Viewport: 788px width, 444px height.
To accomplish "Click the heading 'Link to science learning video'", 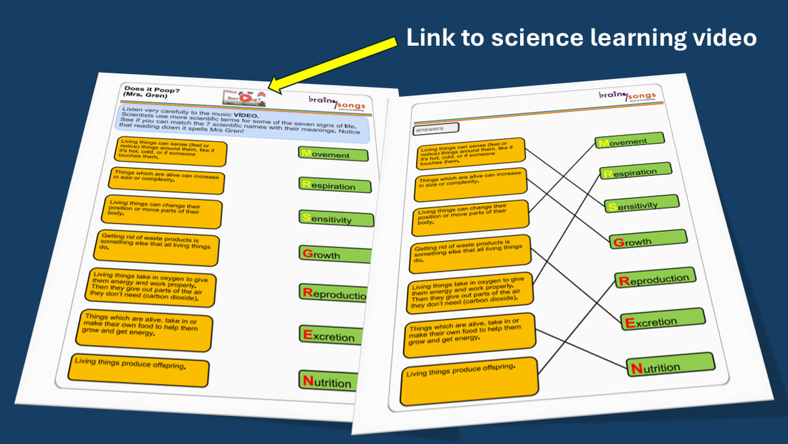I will pyautogui.click(x=581, y=37).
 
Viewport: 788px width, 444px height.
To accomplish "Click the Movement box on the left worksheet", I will pyautogui.click(x=333, y=154).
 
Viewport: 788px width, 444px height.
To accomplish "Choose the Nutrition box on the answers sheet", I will pyautogui.click(x=671, y=366).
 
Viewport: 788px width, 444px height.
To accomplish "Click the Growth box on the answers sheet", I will pyautogui.click(x=648, y=240).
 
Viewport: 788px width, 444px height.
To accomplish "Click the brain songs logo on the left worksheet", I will pyautogui.click(x=337, y=103).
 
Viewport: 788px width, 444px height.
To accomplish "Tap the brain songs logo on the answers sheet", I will pyautogui.click(x=630, y=96).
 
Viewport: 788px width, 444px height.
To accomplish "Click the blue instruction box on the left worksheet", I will pyautogui.click(x=244, y=124).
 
